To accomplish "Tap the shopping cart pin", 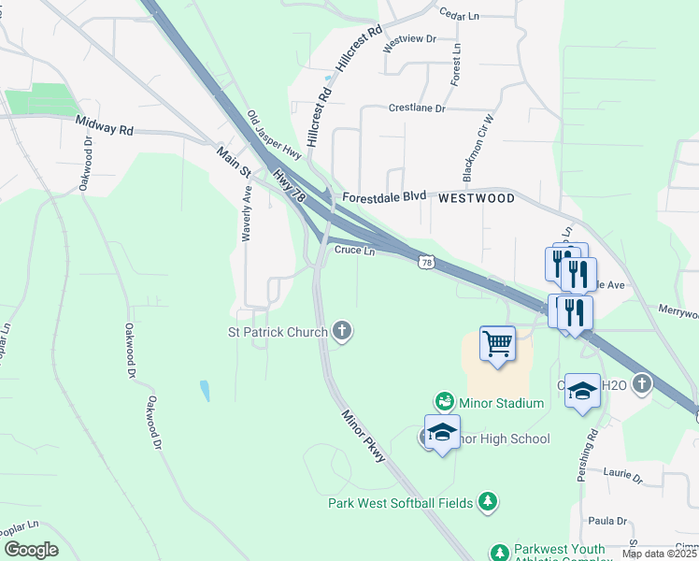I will (497, 342).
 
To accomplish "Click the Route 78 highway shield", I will (427, 264).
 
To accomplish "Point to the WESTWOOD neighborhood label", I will (477, 198).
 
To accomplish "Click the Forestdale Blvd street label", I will (384, 198).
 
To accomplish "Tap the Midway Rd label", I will (106, 126).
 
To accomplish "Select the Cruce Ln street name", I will (355, 251).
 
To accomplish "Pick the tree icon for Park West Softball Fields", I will (487, 503).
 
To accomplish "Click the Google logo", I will (31, 550).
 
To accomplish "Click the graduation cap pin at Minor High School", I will (442, 432).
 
